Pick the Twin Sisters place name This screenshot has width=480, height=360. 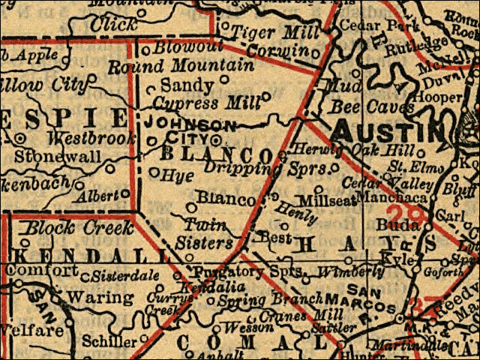coord(206,234)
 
